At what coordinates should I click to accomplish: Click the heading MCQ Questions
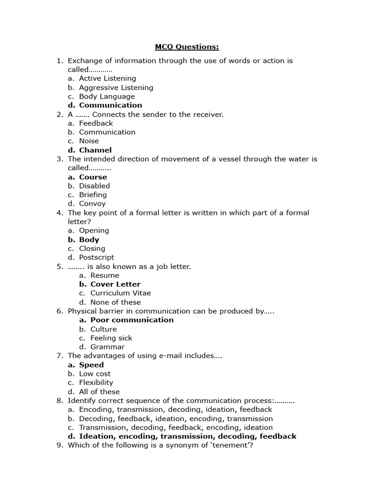click(187, 47)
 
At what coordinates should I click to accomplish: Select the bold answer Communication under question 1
click(111, 105)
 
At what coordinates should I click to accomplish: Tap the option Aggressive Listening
click(116, 88)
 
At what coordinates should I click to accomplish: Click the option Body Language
click(107, 96)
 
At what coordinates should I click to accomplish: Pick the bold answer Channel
click(95, 150)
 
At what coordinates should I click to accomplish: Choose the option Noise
click(89, 141)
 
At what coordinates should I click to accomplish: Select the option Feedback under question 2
click(96, 123)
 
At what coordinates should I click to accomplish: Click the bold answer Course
click(93, 177)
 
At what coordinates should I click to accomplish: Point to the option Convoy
click(92, 204)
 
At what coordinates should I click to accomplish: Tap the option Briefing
click(93, 194)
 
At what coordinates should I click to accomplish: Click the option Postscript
click(96, 257)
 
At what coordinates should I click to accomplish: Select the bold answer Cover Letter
click(115, 284)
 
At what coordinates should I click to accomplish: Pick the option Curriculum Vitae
click(120, 293)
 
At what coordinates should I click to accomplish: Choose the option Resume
click(104, 275)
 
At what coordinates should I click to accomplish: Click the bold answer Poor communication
click(131, 320)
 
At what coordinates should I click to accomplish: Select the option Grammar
click(107, 347)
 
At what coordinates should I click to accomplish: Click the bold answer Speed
click(91, 365)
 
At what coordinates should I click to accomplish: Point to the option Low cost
click(94, 374)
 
